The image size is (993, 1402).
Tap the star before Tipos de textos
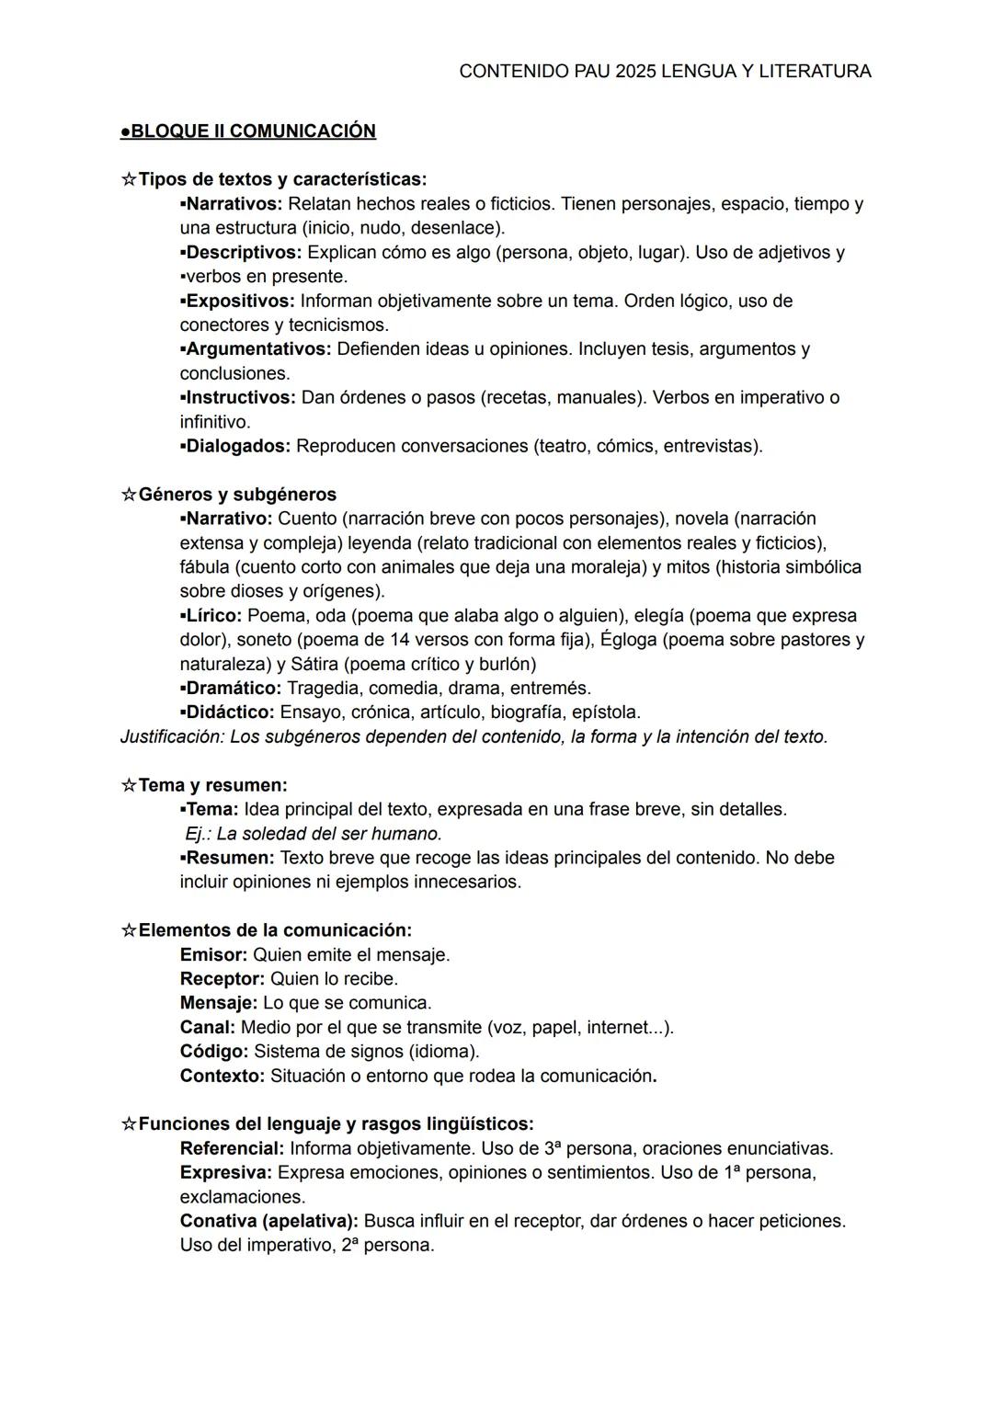(129, 179)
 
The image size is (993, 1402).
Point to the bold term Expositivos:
(240, 301)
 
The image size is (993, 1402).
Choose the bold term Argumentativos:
(258, 349)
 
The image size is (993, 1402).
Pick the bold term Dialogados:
(238, 446)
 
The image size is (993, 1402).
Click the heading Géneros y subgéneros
(237, 495)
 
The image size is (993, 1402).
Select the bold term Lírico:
(213, 615)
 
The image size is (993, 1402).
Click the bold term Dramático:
(234, 688)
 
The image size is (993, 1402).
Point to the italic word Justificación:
(172, 736)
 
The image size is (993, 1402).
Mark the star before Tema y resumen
(129, 785)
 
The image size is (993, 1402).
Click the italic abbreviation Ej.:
(198, 834)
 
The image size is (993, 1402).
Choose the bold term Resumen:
(230, 858)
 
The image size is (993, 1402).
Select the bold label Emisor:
(213, 955)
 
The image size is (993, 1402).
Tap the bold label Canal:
(208, 1027)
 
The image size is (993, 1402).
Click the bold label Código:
(214, 1051)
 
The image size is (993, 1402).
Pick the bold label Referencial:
(232, 1148)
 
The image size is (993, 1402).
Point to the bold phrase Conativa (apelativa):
(268, 1221)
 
